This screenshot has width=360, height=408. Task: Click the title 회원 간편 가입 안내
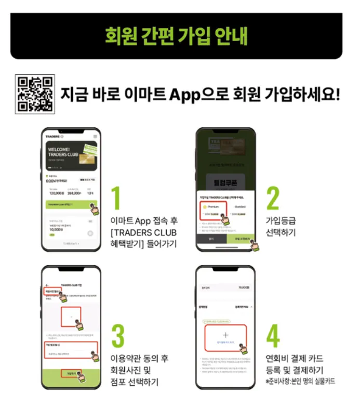[176, 36]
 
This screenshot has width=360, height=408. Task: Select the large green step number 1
[117, 199]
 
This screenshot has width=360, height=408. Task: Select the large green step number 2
[272, 198]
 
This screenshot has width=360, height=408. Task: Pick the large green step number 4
[273, 336]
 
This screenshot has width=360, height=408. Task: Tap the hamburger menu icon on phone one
[95, 136]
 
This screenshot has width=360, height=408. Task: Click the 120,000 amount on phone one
[57, 192]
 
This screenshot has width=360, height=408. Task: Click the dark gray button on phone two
[211, 239]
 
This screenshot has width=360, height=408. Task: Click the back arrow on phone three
[47, 285]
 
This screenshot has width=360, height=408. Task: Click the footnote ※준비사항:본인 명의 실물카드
[300, 381]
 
